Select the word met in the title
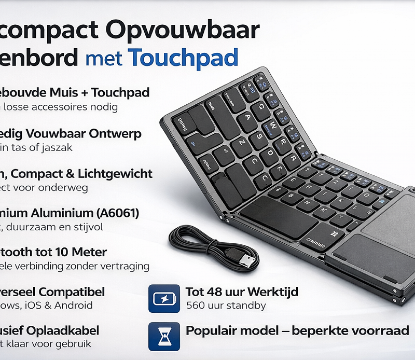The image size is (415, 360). pos(104,58)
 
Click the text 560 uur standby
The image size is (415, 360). pos(226,306)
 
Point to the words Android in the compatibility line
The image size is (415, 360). pos(75,305)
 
